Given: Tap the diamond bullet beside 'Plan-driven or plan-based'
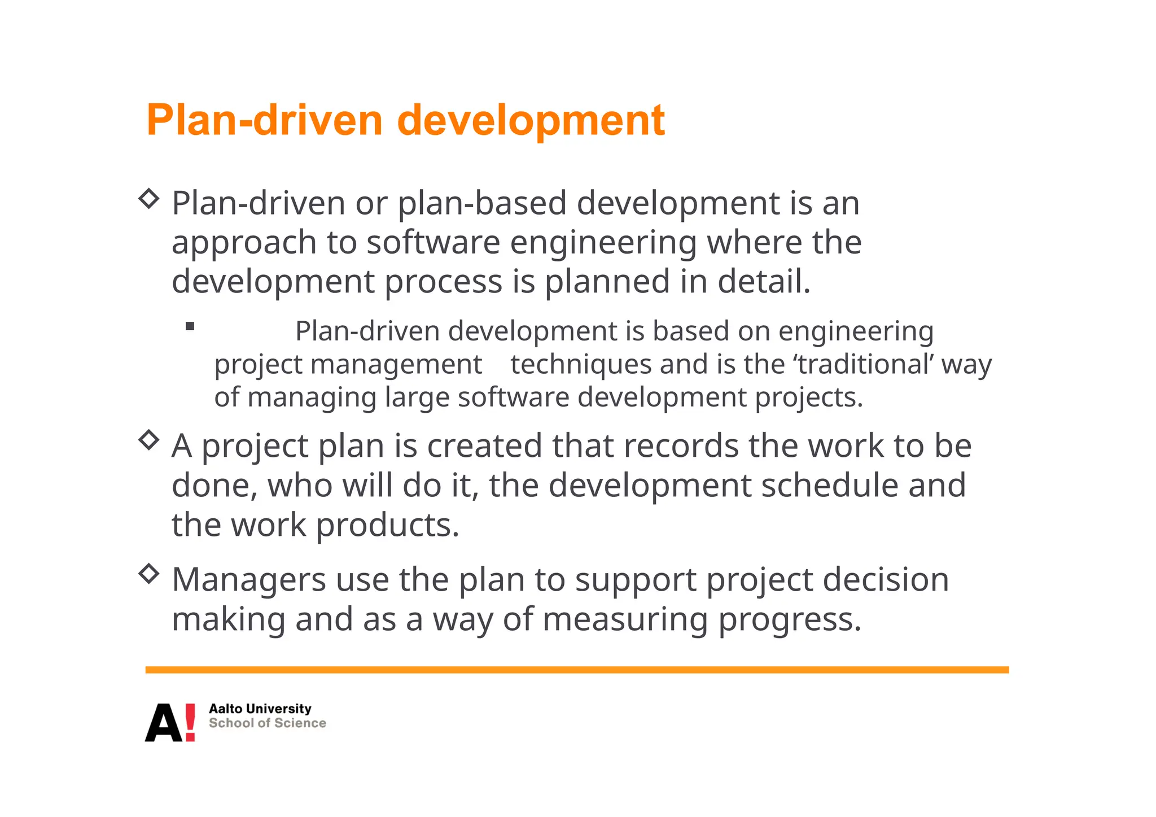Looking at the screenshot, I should pyautogui.click(x=149, y=198).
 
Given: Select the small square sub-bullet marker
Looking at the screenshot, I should pyautogui.click(x=190, y=326).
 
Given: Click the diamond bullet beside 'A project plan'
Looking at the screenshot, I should pyautogui.click(x=149, y=440).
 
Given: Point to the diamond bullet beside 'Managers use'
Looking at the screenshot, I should pyautogui.click(x=149, y=574).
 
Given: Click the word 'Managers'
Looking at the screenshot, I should pyautogui.click(x=249, y=580).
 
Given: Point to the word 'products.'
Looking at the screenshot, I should pyautogui.click(x=387, y=525).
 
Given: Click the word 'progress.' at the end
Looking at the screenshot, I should pyautogui.click(x=789, y=620).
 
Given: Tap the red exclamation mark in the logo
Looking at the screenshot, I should pyautogui.click(x=190, y=722).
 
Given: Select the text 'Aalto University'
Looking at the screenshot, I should pyautogui.click(x=260, y=709).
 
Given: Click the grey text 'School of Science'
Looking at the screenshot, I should pyautogui.click(x=267, y=723).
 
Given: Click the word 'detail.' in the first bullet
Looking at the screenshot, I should pyautogui.click(x=764, y=282).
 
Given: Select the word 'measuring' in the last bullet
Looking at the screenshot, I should pyautogui.click(x=625, y=620).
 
